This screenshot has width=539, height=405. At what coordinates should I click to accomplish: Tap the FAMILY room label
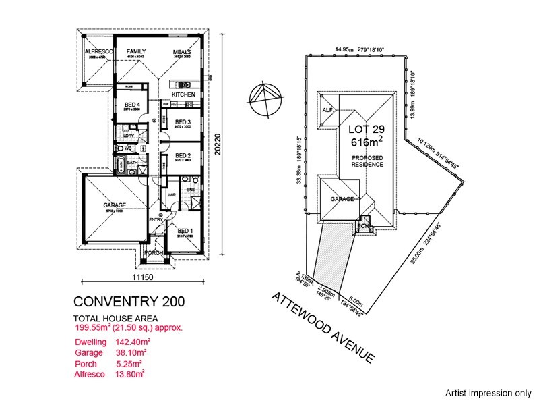(x=137, y=51)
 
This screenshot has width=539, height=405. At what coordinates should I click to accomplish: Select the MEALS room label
(x=182, y=51)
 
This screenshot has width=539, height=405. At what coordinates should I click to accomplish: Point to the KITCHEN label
(x=183, y=94)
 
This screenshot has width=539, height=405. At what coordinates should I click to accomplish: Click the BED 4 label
(x=132, y=105)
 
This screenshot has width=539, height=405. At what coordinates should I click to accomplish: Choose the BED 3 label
(x=183, y=122)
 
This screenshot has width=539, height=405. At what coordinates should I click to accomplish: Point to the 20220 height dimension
(x=218, y=144)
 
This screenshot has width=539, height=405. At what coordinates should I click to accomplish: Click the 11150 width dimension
(x=144, y=277)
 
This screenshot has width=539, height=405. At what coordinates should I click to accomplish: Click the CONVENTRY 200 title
(x=128, y=301)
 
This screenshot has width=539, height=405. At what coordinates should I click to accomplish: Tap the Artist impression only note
(x=488, y=391)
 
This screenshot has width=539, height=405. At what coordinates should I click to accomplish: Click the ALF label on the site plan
(x=328, y=110)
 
